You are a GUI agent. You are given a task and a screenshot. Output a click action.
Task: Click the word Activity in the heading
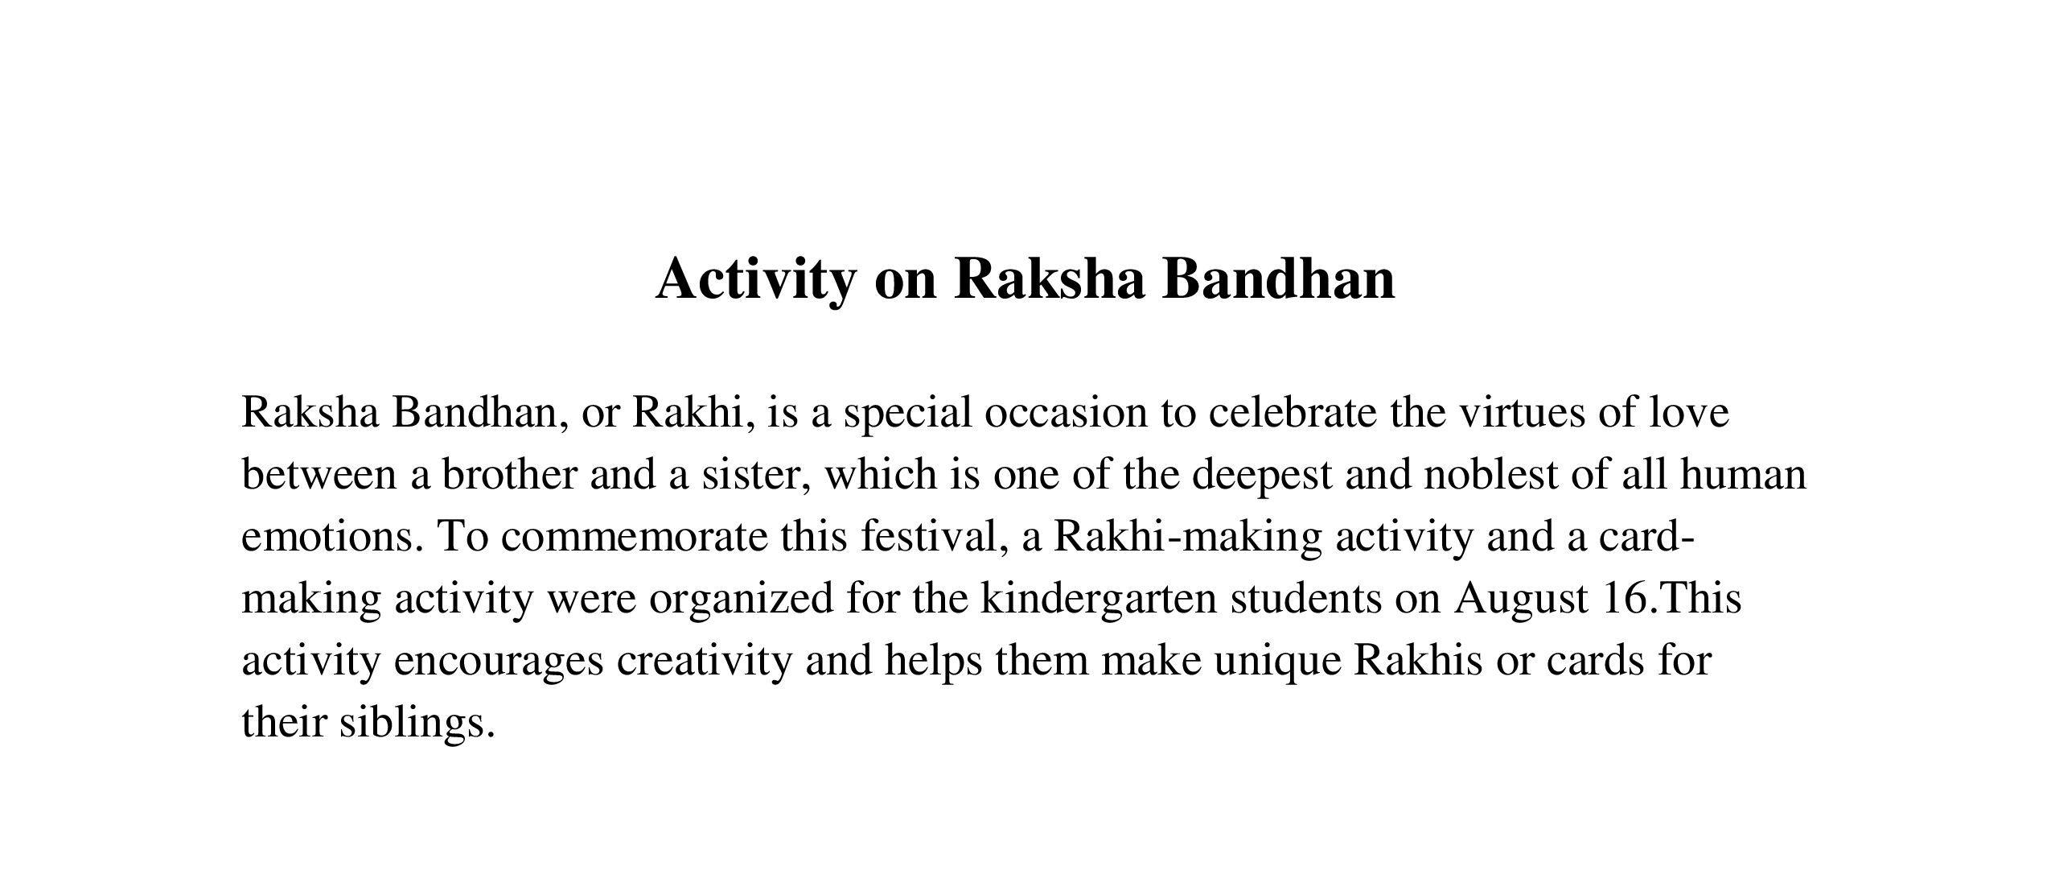(x=756, y=280)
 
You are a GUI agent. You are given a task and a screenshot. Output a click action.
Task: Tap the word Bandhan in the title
(x=1278, y=278)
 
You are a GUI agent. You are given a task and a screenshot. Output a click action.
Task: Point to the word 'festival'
(x=930, y=537)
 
